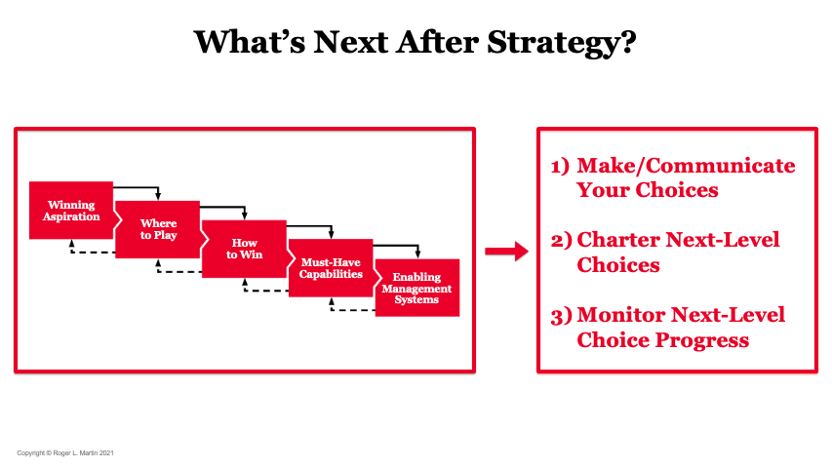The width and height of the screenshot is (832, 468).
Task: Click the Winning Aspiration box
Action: (71, 211)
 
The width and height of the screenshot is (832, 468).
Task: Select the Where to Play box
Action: (158, 229)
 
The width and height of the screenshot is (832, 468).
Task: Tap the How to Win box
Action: (244, 249)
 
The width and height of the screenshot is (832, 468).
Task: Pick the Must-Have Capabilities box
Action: (331, 268)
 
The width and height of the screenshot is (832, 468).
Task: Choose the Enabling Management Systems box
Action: (417, 288)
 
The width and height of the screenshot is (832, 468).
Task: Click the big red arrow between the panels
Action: (507, 251)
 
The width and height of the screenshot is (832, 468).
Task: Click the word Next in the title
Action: (351, 42)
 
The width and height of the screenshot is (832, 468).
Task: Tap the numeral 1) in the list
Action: (560, 167)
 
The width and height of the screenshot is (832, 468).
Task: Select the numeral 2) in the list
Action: (562, 241)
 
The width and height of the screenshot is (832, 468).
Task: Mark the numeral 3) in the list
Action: (562, 316)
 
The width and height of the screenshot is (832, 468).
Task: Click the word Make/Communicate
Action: (686, 166)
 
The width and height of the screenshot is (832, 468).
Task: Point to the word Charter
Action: (618, 239)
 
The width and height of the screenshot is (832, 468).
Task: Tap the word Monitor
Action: (622, 315)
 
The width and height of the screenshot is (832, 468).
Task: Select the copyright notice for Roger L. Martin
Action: (65, 453)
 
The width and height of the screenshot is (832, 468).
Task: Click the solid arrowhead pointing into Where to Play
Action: (158, 196)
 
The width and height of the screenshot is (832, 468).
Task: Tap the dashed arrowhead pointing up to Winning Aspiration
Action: (71, 243)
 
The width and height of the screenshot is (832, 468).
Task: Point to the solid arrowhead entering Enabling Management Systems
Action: (417, 254)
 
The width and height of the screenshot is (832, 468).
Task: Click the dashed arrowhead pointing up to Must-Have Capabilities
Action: (331, 301)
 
